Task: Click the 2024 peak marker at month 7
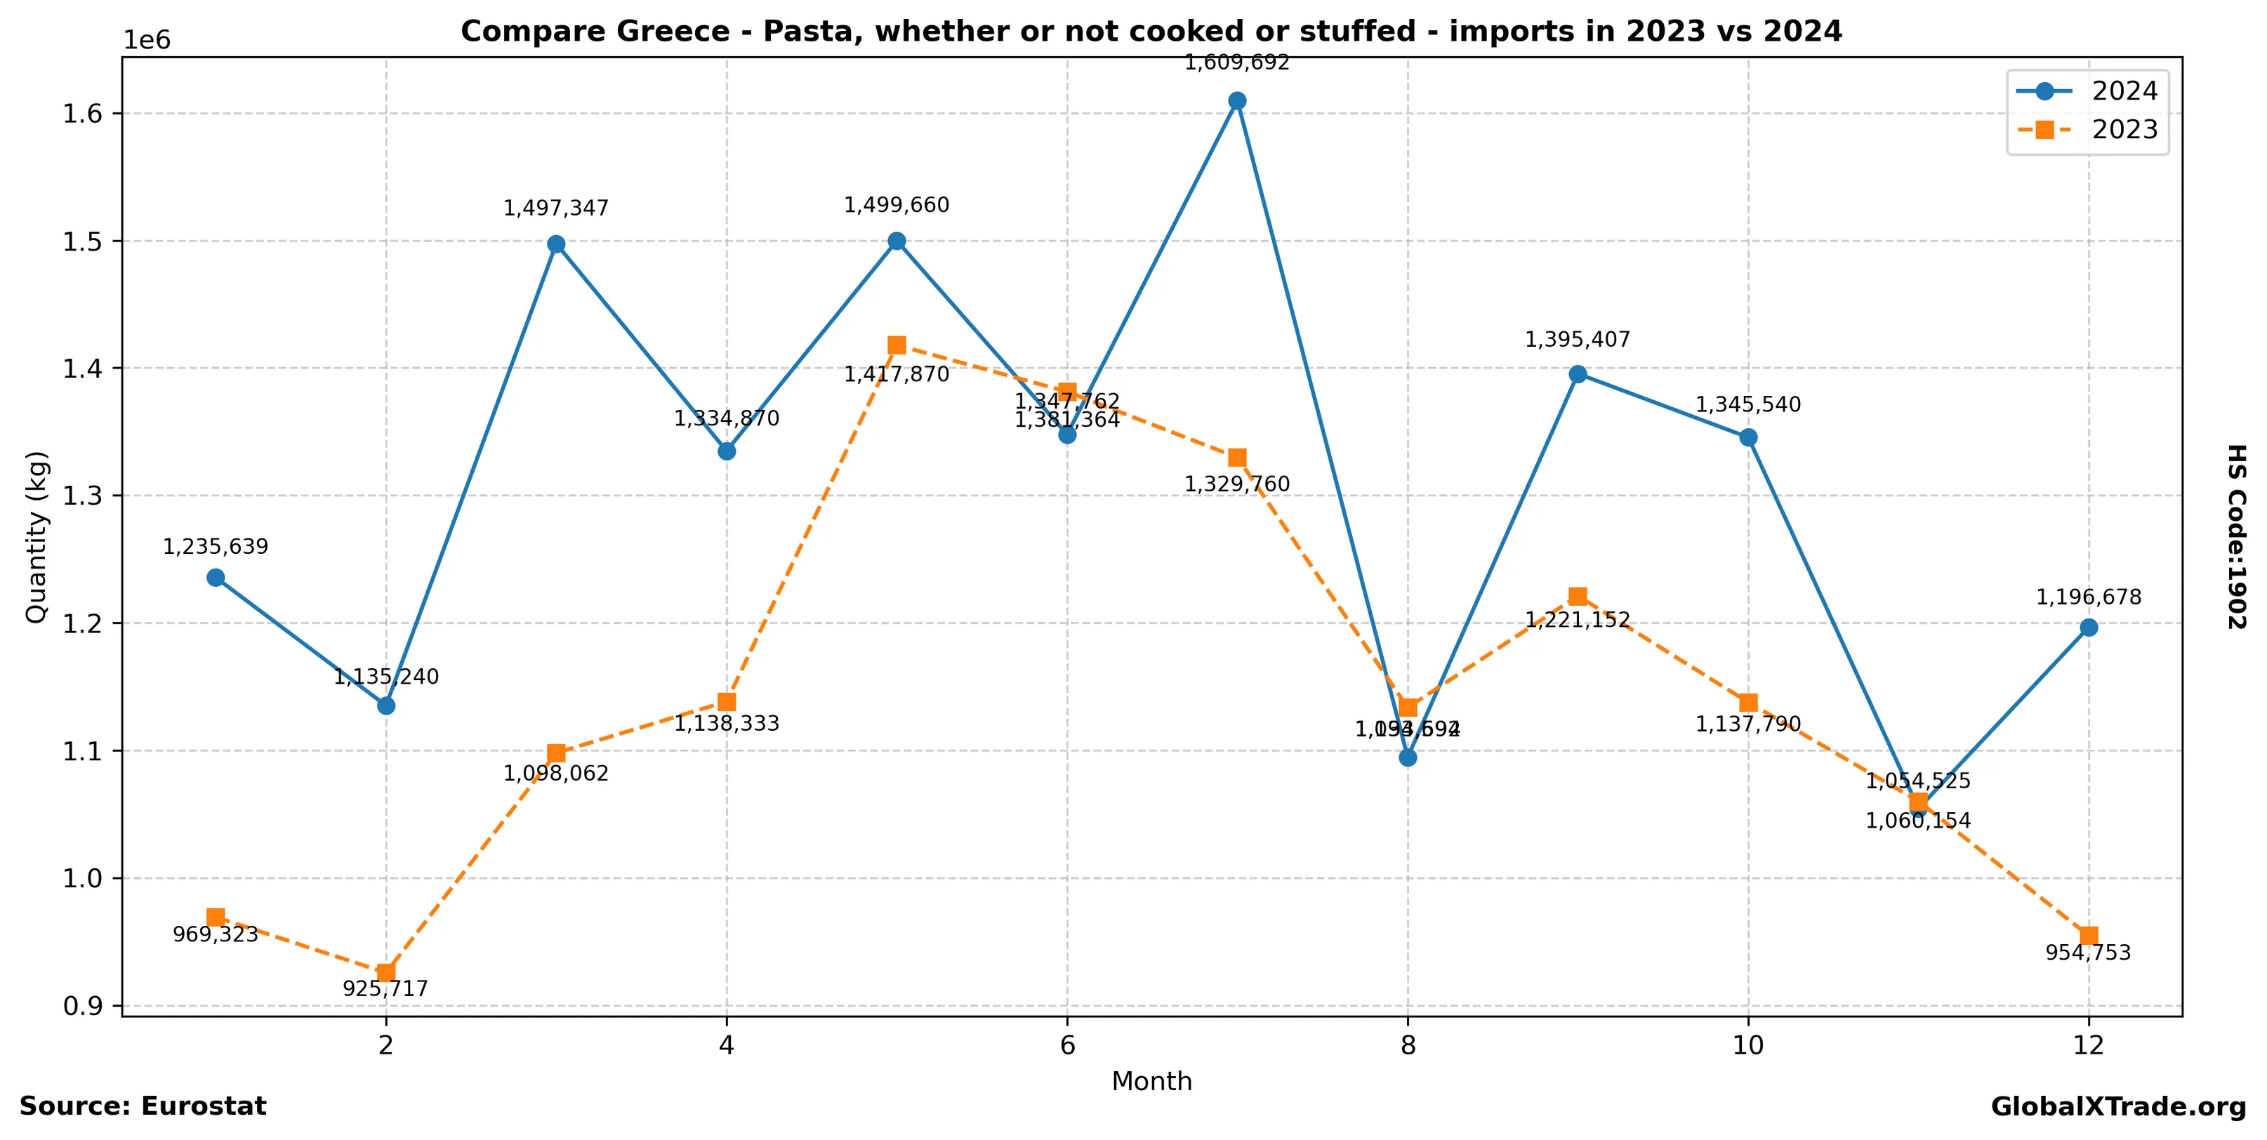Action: pos(1237,100)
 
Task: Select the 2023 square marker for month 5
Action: pos(897,345)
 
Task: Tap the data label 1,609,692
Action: pos(1236,62)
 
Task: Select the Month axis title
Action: pos(1151,1081)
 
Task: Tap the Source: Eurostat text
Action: pos(143,1106)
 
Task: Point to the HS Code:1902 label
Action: pos(2236,536)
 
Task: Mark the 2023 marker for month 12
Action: pos(2089,935)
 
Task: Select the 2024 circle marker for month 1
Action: pos(216,578)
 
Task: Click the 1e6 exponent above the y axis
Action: pos(146,41)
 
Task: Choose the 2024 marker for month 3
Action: pos(556,244)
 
